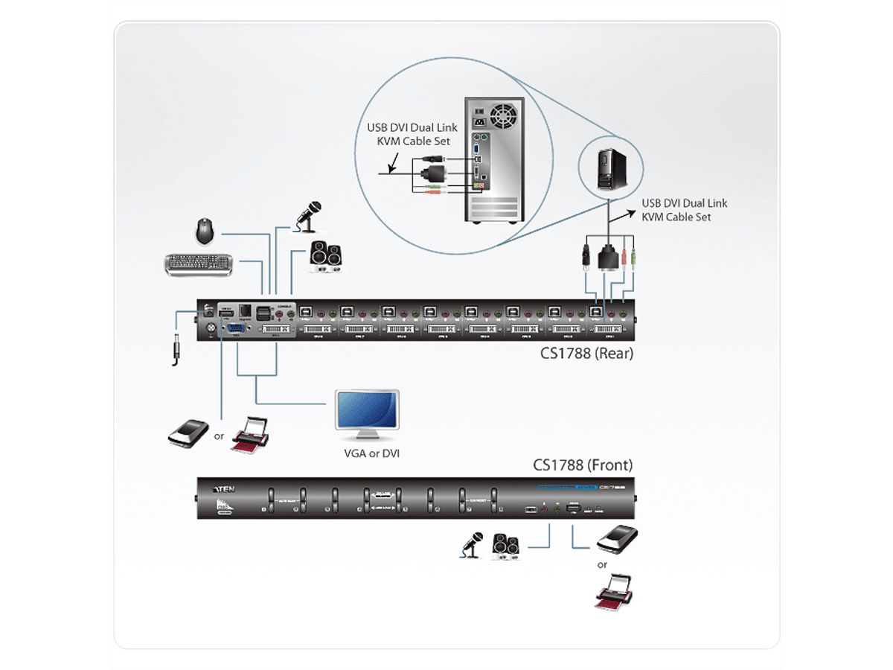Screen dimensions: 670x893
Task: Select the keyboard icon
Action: point(198,265)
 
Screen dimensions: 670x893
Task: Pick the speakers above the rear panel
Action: point(326,257)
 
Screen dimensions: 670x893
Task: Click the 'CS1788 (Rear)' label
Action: point(587,354)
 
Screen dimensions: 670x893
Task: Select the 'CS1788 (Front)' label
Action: point(583,465)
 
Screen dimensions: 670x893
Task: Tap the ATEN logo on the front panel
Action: point(225,489)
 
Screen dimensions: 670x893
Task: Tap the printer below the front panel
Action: point(617,592)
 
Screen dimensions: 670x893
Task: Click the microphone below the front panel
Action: point(472,546)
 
